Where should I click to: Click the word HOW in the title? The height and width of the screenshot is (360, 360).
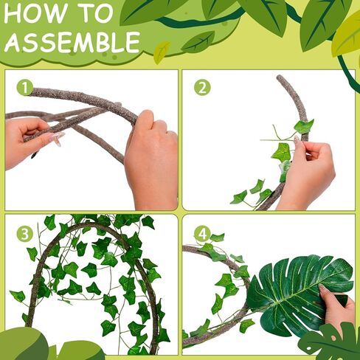pyautogui.click(x=32, y=14)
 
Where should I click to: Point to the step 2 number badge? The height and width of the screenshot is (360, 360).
pyautogui.click(x=202, y=88)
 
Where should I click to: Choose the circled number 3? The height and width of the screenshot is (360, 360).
pyautogui.click(x=25, y=234)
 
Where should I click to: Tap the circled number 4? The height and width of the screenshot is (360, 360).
pyautogui.click(x=202, y=234)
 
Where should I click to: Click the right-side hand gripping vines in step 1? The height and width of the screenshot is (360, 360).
pyautogui.click(x=151, y=159)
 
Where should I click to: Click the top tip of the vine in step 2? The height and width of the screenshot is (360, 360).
pyautogui.click(x=281, y=77)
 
